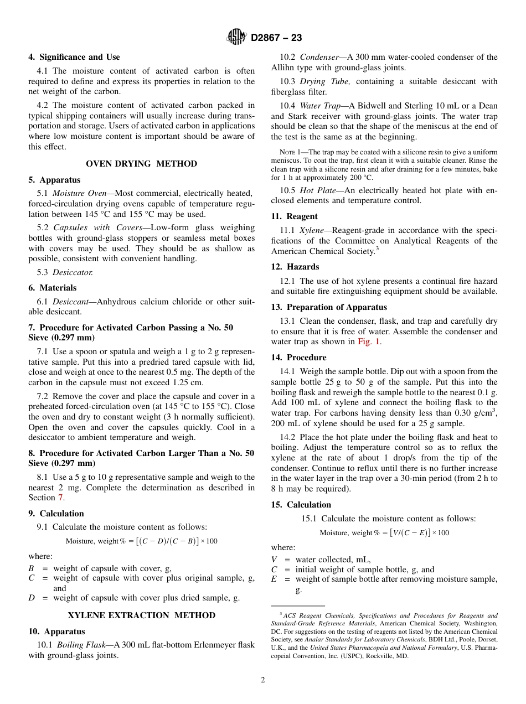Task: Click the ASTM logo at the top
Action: [236, 38]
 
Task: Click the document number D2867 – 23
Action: [276, 38]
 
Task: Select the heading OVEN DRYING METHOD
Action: [141, 164]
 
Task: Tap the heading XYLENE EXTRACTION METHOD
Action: [141, 615]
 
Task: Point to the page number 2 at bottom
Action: [263, 680]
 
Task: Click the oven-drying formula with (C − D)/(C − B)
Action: [141, 541]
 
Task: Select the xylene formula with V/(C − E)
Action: [384, 532]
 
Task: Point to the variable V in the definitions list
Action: [274, 560]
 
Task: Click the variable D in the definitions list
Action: [32, 598]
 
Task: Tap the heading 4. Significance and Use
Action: [74, 57]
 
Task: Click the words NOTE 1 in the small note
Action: [290, 152]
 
